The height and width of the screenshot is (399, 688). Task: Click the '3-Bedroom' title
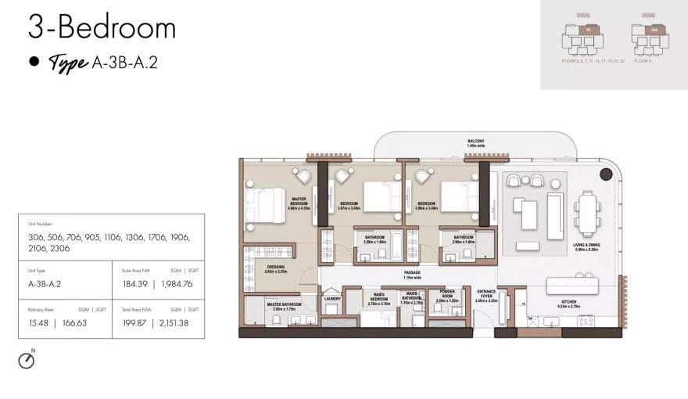point(102,28)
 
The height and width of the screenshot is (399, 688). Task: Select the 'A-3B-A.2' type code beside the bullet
point(124,63)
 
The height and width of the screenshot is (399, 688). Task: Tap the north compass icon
point(27,360)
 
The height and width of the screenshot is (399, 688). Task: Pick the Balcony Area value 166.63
point(71,322)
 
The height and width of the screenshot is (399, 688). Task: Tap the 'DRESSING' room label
point(275,269)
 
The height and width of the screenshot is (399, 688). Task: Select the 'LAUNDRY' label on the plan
point(332,297)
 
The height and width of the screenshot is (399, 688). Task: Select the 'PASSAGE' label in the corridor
point(411,275)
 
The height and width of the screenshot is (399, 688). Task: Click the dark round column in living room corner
point(605,174)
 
